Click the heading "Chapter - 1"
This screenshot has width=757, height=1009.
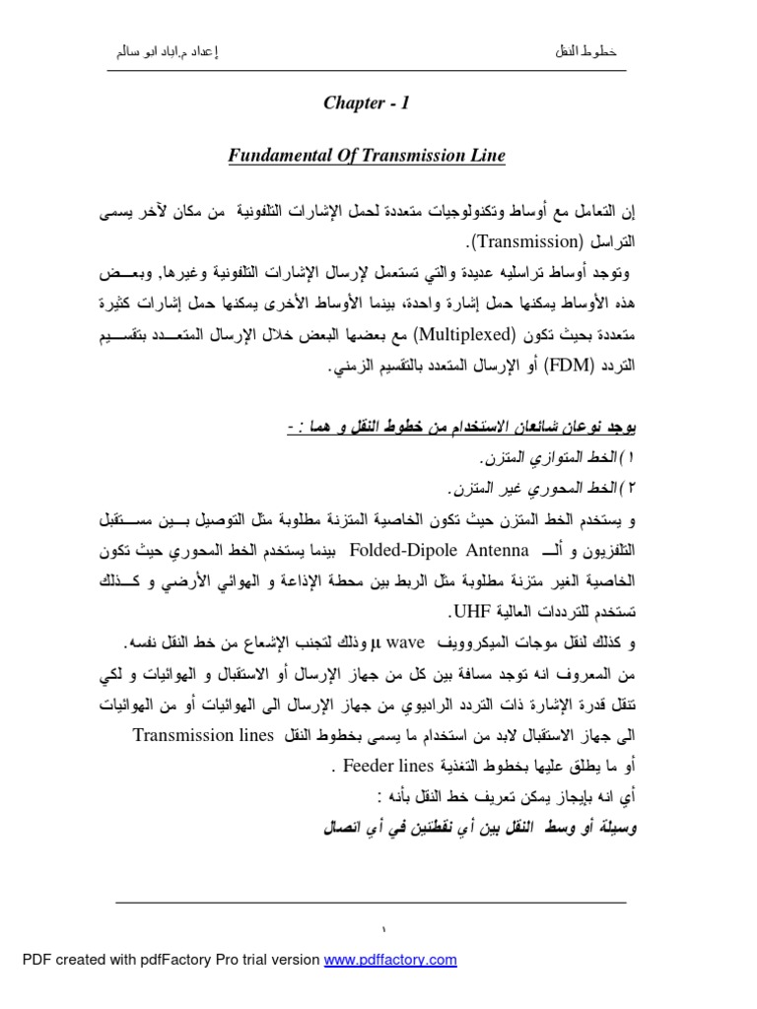pos(366,104)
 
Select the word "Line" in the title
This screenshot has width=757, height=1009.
pos(487,155)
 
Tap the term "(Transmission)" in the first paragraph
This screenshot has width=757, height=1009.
pos(526,241)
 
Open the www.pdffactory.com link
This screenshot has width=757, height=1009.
pos(390,960)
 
